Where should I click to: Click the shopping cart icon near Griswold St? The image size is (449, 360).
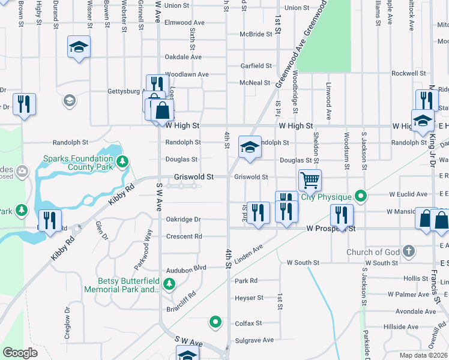pos(310,179)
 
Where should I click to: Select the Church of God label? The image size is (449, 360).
pos(372,252)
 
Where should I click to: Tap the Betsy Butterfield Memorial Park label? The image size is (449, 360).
pos(129,285)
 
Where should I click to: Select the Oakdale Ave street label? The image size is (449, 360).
pos(183,57)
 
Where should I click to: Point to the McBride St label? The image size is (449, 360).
pos(256,34)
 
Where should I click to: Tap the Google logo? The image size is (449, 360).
pos(20,352)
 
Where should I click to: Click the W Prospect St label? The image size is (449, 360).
pos(331,229)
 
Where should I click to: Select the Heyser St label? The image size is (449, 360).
pos(249,298)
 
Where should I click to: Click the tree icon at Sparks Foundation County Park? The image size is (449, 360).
pos(122,161)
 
